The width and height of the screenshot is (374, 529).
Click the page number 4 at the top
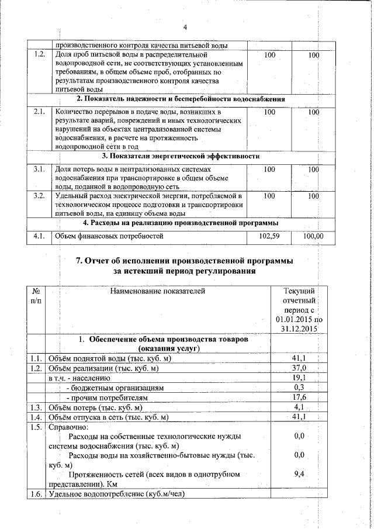(185, 27)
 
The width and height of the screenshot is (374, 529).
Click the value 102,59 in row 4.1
(269, 236)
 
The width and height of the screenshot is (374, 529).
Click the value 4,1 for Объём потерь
(300, 407)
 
